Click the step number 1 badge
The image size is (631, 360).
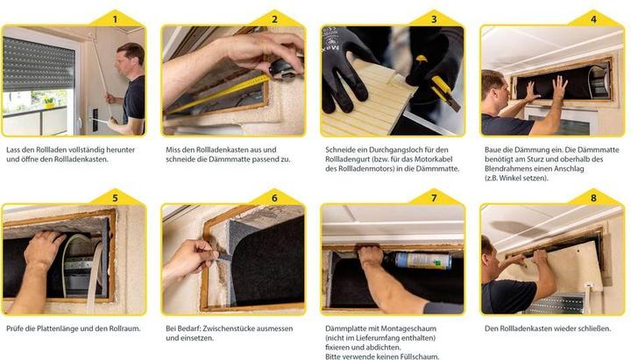(114, 18)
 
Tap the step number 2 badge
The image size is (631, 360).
(274, 18)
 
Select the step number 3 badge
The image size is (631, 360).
(433, 18)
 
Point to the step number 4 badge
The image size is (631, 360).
(593, 18)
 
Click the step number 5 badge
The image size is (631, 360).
(114, 198)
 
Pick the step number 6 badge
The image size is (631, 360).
(274, 198)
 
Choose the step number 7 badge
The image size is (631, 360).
(433, 198)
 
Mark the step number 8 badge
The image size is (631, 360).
(593, 198)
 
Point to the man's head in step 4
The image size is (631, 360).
(493, 85)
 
